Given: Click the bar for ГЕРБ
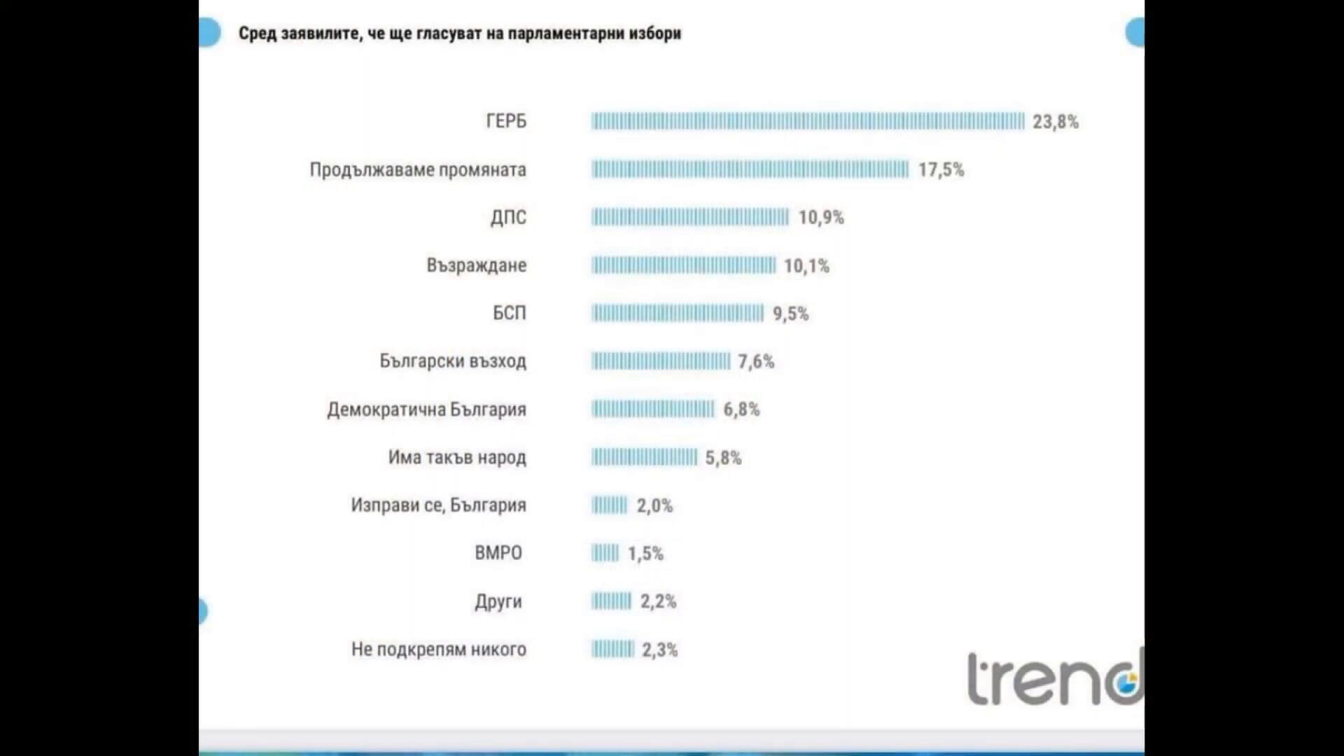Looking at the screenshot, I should (807, 121).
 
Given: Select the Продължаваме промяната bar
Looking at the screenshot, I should (750, 169).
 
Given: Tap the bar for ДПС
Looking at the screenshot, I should (690, 217).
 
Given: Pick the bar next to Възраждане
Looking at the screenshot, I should (683, 265).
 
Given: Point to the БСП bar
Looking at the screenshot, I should (677, 313).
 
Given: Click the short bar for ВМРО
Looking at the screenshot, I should (605, 553).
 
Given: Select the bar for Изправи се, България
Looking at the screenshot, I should (609, 505).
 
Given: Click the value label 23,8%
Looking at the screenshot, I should (1055, 122).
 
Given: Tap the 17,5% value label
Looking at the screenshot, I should (941, 169).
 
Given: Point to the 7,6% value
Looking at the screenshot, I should (756, 361).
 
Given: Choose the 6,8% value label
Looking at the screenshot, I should (741, 409).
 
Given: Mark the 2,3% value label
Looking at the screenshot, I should (659, 650).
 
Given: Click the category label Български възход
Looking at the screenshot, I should (453, 361).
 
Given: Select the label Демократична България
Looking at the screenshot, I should (426, 409).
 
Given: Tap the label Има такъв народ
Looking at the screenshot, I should (457, 457).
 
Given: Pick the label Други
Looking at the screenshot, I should (498, 601).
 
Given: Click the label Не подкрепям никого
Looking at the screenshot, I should (439, 649).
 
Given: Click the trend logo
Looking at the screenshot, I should (1054, 679).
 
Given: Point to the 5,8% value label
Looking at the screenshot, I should (723, 458).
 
